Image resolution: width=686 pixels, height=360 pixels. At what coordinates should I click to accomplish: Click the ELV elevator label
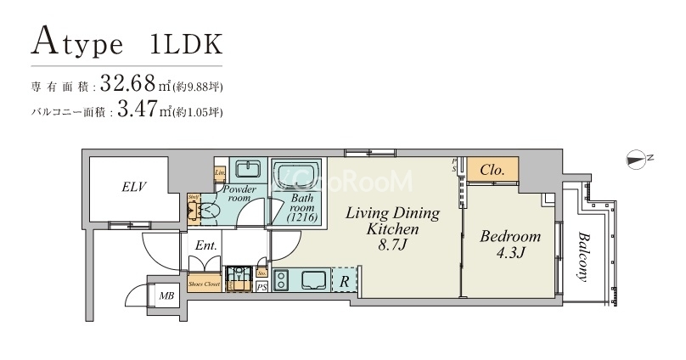point(135,187)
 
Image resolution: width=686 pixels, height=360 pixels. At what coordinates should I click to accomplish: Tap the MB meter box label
point(166,295)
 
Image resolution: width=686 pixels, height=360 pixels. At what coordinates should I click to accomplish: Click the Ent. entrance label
point(206,245)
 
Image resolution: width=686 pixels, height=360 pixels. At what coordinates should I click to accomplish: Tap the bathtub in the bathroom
point(297,174)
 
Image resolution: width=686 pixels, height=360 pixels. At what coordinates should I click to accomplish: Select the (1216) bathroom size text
point(301,218)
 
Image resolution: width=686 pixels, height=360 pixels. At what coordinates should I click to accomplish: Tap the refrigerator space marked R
point(344,278)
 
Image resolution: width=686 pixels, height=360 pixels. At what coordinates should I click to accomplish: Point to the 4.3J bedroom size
point(509,253)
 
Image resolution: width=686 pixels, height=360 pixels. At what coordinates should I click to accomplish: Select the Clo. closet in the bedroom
point(492,170)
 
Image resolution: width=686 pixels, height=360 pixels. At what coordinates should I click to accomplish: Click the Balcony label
point(588,256)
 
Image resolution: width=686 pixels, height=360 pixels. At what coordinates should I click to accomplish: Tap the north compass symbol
point(637,157)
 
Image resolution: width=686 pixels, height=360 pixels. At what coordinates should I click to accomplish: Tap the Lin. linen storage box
point(219,172)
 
